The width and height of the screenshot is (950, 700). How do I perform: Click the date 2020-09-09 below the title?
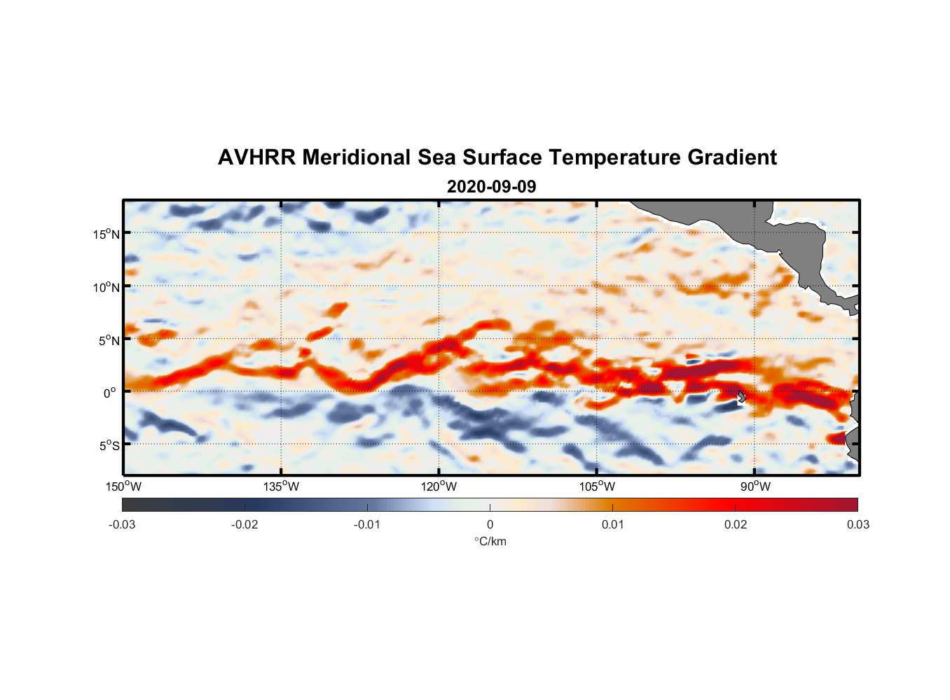pos(491,187)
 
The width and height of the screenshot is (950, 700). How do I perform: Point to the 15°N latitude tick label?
pos(106,234)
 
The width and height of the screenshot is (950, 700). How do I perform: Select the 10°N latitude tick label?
pos(106,287)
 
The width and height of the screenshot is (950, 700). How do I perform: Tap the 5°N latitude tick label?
pos(109,341)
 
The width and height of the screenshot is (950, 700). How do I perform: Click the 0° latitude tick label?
pos(110,393)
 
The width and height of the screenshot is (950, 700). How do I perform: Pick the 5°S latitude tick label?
pos(109,446)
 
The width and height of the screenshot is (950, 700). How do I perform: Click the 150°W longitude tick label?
pos(123,486)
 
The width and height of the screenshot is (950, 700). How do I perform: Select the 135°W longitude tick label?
pos(281,486)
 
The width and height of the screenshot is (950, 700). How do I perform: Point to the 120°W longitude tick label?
pos(439,486)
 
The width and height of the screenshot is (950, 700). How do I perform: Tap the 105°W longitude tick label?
pos(597,486)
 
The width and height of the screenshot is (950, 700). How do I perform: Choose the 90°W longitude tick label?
pos(755,486)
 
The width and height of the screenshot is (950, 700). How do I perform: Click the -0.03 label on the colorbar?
pos(122,524)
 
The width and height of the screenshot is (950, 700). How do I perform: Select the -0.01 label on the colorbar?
pos(367,524)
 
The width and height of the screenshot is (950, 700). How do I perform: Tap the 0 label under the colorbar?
pos(490,524)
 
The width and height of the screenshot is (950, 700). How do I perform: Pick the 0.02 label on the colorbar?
pos(736,524)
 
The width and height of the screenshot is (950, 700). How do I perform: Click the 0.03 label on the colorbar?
pos(858,524)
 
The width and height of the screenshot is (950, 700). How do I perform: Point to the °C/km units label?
pos(490,541)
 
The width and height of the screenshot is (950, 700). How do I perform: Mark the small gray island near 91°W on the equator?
pos(741,396)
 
